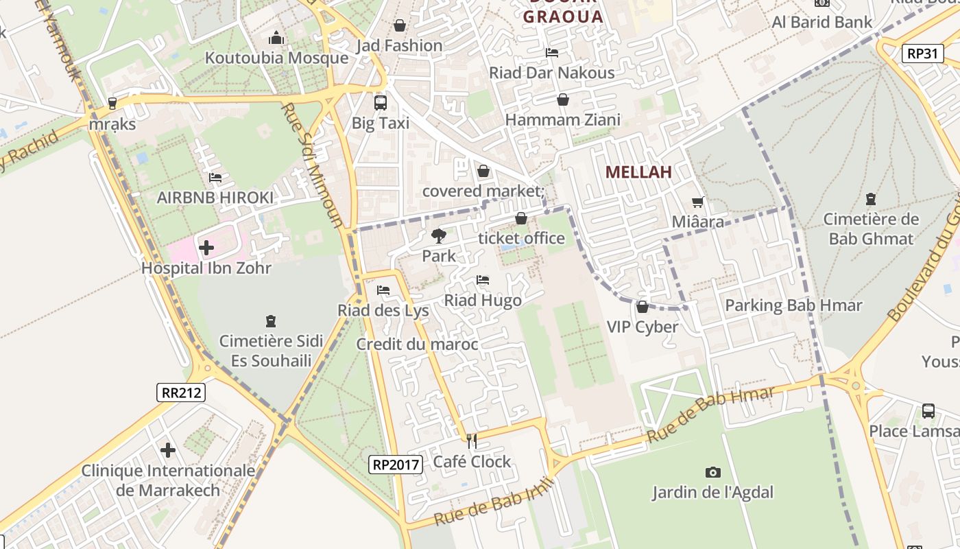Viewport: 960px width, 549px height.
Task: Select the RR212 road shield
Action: (x=181, y=393)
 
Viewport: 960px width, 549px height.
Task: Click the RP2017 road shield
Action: (x=395, y=465)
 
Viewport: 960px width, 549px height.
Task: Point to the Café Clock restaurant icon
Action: (x=471, y=441)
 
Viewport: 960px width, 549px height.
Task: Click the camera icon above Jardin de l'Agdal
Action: (x=713, y=472)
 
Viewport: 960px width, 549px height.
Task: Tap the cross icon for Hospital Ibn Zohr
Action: (x=206, y=247)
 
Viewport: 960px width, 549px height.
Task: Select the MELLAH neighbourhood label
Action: (x=638, y=172)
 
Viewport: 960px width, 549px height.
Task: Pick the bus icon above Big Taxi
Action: (x=380, y=103)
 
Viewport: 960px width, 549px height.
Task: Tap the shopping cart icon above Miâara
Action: (x=698, y=202)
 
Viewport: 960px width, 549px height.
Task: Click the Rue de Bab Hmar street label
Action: (x=711, y=414)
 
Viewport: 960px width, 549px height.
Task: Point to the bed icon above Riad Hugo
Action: (x=483, y=280)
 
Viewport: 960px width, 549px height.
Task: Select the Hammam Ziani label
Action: (x=562, y=120)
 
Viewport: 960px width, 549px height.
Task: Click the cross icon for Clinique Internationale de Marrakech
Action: (x=168, y=450)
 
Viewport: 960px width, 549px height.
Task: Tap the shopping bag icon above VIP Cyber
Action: (x=643, y=306)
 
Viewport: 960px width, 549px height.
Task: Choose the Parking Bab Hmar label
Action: (x=793, y=305)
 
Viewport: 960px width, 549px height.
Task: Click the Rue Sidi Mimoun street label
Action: (x=313, y=165)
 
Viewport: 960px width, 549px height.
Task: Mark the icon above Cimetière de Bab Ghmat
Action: (x=871, y=199)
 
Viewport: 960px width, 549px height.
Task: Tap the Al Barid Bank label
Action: (x=822, y=22)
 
